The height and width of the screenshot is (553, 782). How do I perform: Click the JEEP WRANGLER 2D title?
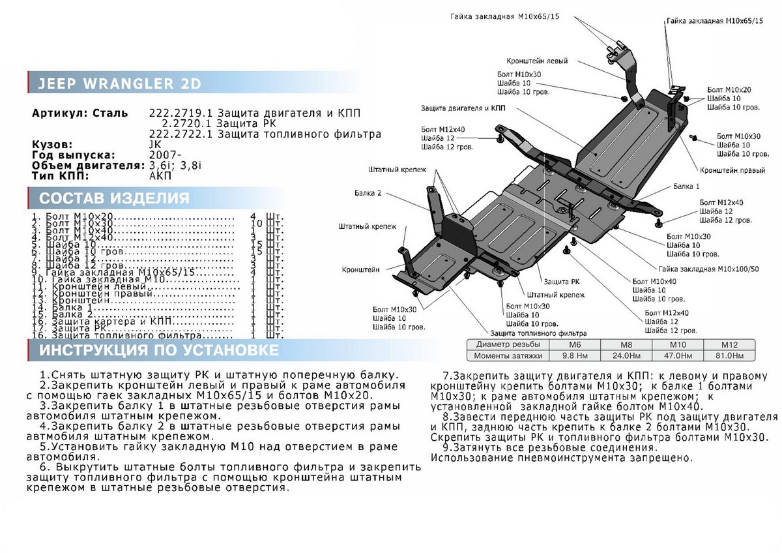117,84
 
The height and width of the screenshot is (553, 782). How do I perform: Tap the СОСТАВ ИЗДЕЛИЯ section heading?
114,198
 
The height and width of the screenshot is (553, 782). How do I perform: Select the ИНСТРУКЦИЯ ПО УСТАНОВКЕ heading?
159,351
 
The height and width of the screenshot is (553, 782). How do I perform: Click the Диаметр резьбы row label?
508,344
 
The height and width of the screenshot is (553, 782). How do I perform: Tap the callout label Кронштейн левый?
536,61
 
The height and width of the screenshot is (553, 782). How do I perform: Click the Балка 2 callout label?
368,193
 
